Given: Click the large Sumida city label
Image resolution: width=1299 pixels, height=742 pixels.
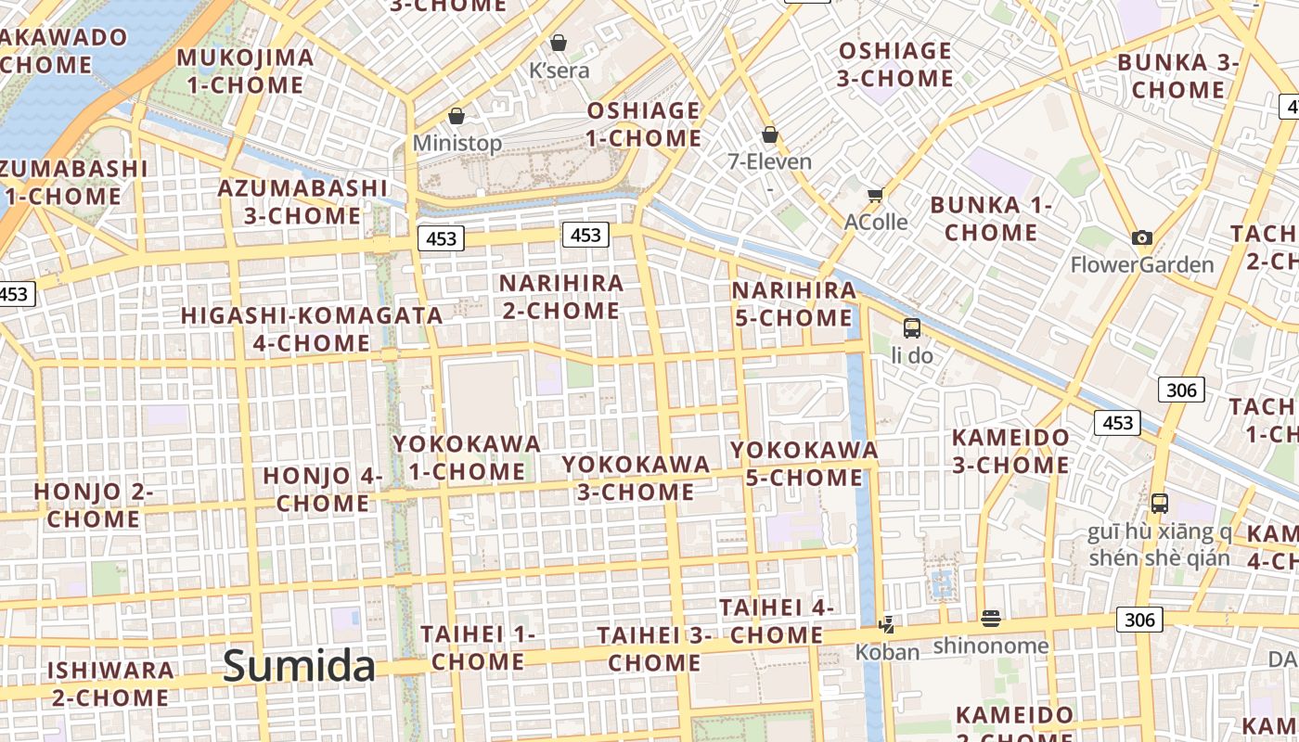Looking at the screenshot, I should tap(299, 666).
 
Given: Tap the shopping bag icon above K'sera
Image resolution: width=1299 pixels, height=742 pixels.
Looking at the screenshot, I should tap(559, 43).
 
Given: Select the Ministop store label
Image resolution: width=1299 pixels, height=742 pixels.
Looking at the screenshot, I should tap(457, 143).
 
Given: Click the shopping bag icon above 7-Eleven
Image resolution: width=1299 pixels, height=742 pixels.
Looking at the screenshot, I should tap(769, 135).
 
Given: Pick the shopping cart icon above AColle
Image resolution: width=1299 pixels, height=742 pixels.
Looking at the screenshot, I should tap(875, 195).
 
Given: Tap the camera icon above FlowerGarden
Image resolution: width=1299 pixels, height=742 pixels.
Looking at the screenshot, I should tap(1142, 238).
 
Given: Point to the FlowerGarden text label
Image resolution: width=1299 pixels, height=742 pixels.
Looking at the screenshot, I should tap(1142, 265).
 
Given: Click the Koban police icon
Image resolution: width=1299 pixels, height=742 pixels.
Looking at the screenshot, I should tap(887, 625).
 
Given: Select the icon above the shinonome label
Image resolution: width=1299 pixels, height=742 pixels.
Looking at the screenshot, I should tap(991, 619).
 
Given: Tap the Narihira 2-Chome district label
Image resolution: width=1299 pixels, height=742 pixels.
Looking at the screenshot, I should tap(561, 297).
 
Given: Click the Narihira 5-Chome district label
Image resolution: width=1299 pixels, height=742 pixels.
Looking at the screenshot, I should tap(794, 304).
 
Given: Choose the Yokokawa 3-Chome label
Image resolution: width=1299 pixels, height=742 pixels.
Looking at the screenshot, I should tap(637, 477).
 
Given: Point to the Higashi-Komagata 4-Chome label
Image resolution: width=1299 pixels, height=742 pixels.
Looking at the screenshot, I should tap(312, 329).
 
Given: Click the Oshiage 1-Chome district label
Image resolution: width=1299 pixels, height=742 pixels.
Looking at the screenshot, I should tap(644, 124).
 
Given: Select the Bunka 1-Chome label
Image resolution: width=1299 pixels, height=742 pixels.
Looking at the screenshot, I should tap(990, 218).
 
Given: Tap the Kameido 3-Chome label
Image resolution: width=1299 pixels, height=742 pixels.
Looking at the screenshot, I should tap(1010, 451).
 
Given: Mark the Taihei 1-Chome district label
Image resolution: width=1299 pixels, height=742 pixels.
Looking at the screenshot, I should tap(478, 647).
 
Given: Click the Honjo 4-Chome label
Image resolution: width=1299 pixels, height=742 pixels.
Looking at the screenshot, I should tap(323, 490).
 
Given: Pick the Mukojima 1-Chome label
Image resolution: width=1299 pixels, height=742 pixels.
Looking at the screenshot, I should tap(245, 71).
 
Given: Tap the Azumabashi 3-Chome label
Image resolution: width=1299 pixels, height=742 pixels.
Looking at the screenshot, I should tap(302, 201).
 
